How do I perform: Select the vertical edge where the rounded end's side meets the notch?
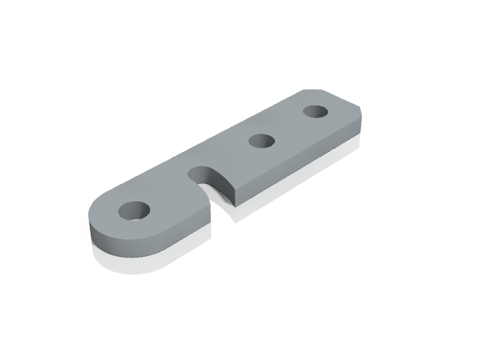coord(210,213)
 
